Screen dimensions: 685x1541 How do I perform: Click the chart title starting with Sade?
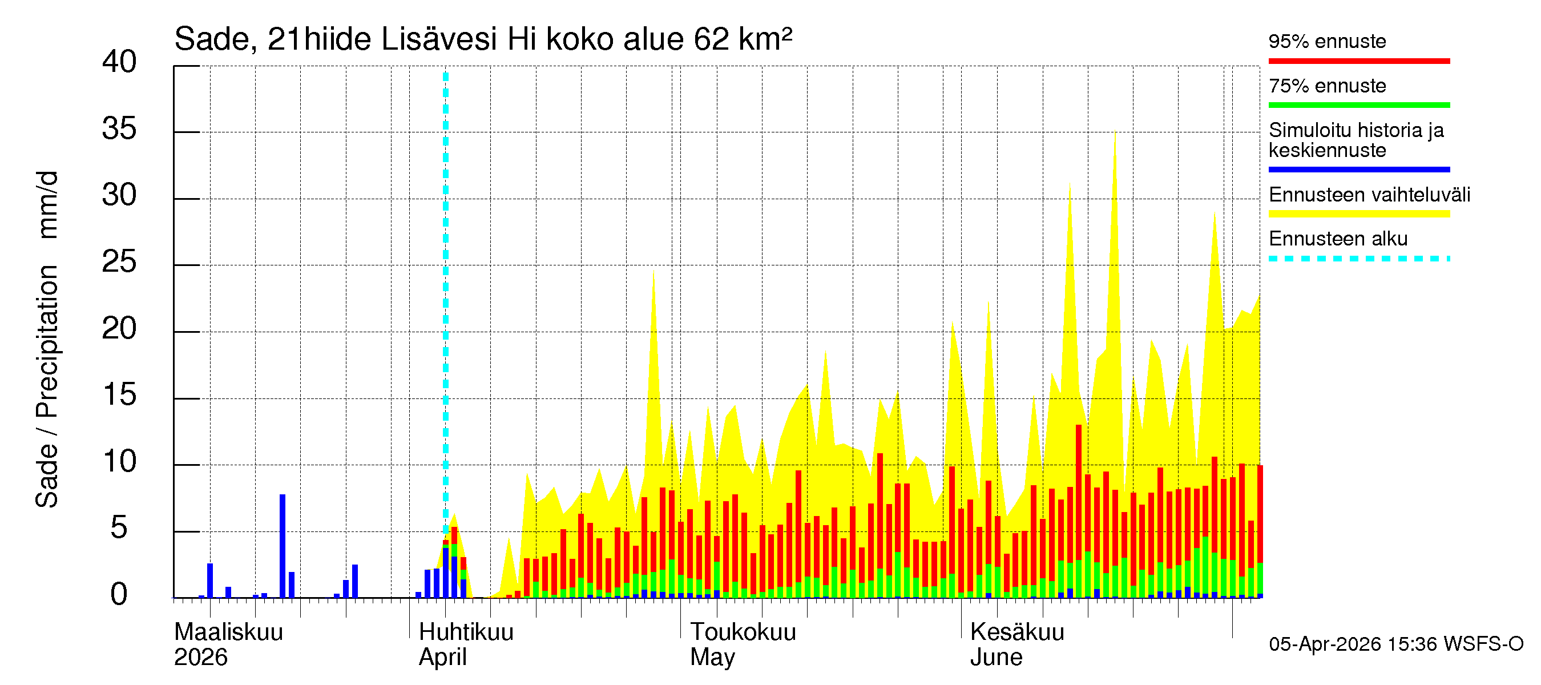click(483, 39)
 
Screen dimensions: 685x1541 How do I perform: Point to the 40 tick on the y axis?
click(119, 62)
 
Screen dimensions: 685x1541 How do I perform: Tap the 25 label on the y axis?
click(119, 262)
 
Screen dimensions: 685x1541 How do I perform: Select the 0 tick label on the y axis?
click(119, 595)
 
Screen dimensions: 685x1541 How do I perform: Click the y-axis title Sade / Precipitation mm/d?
click(47, 339)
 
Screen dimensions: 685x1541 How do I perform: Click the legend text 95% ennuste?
click(1327, 41)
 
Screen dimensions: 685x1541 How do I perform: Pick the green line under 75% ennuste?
click(1358, 105)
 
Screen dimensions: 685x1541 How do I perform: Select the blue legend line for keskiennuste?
click(1358, 170)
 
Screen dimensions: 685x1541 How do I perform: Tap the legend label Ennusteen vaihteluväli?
click(1369, 195)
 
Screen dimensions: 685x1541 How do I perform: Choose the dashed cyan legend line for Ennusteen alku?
click(1358, 259)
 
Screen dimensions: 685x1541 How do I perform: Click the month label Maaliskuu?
click(228, 632)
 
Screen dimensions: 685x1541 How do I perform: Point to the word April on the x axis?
click(442, 657)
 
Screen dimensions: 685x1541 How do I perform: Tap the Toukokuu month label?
click(743, 632)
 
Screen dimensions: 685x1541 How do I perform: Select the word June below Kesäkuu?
click(996, 657)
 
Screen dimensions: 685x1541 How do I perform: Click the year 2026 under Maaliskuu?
click(200, 657)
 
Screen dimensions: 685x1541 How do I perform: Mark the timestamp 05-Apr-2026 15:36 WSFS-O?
click(1395, 644)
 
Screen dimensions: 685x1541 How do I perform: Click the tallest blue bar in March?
click(283, 546)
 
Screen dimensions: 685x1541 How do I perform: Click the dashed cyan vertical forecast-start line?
click(446, 299)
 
